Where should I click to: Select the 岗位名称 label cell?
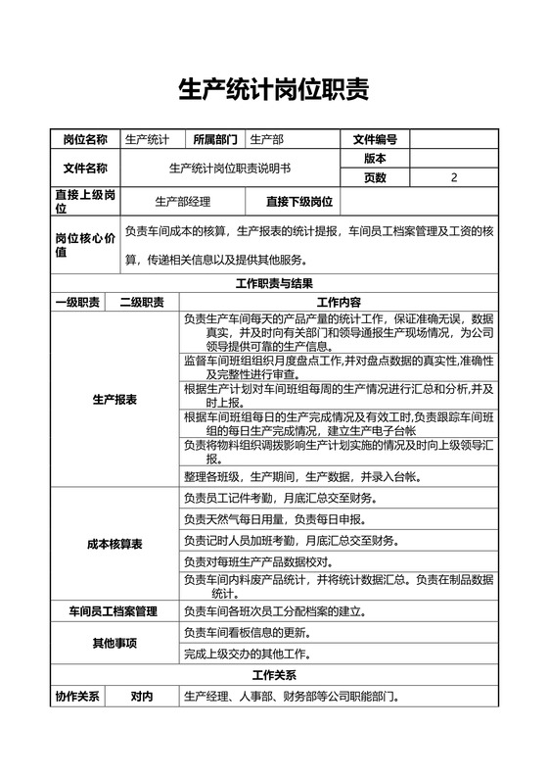(x=85, y=139)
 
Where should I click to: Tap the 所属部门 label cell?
(x=214, y=139)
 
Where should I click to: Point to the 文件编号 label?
(x=375, y=139)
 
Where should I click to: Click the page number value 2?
(x=454, y=177)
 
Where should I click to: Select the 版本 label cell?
(x=375, y=158)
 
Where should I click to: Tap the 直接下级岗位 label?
(x=298, y=202)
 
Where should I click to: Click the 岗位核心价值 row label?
(x=84, y=245)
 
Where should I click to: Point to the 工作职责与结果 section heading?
(x=274, y=284)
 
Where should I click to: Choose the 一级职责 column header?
(x=76, y=302)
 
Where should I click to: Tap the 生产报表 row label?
(x=114, y=400)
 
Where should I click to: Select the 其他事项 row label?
(x=114, y=643)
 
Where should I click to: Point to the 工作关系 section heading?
(x=274, y=676)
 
